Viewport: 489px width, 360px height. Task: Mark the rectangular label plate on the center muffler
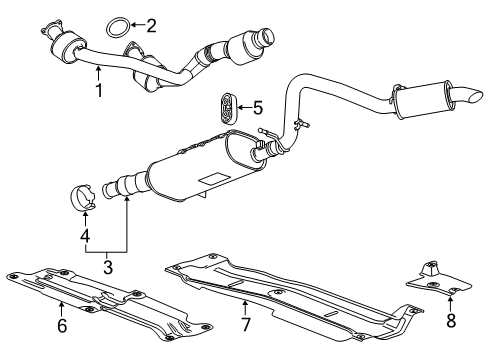212,178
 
